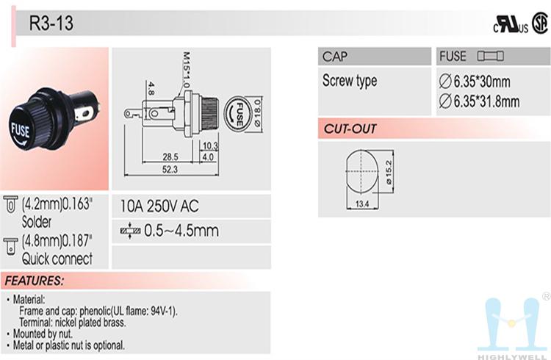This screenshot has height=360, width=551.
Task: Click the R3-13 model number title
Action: tap(51, 23)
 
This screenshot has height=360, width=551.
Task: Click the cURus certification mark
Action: tap(511, 24)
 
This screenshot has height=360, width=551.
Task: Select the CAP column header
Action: tap(335, 57)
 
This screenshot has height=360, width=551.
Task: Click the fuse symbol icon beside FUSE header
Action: tap(490, 57)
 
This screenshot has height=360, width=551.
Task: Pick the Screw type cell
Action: tap(350, 81)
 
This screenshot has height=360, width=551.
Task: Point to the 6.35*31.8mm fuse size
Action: tap(479, 101)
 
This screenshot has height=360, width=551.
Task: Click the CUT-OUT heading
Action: tap(350, 129)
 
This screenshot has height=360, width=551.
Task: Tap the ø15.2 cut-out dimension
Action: tap(389, 172)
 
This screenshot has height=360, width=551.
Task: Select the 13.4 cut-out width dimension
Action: tap(362, 204)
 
